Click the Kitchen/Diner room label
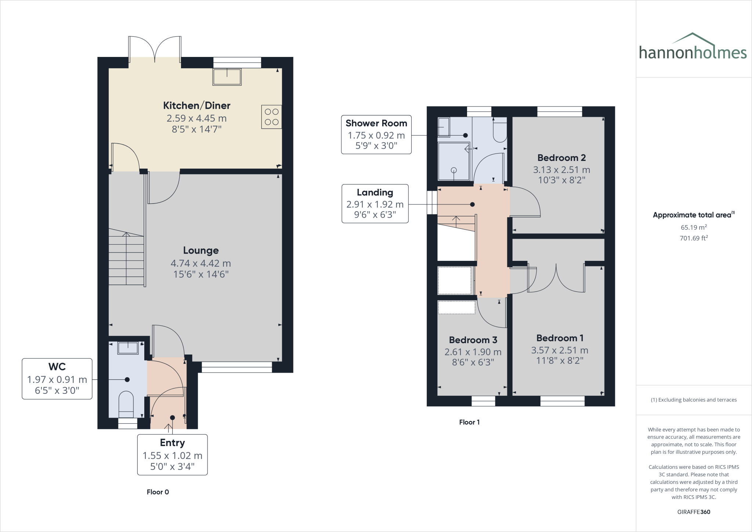point(196,105)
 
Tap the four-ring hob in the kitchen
point(271,117)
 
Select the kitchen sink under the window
point(227,77)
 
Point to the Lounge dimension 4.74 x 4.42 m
point(200,263)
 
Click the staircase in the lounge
point(126,257)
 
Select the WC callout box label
point(57,367)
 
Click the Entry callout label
point(172,443)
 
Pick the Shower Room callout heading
point(376,123)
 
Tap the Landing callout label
point(375,193)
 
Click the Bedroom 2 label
point(561,158)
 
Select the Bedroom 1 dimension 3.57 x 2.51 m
point(560,350)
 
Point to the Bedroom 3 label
point(473,340)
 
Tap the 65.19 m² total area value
point(694,227)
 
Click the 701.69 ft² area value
point(694,238)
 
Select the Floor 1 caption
point(469,422)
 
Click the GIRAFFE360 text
point(694,512)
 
